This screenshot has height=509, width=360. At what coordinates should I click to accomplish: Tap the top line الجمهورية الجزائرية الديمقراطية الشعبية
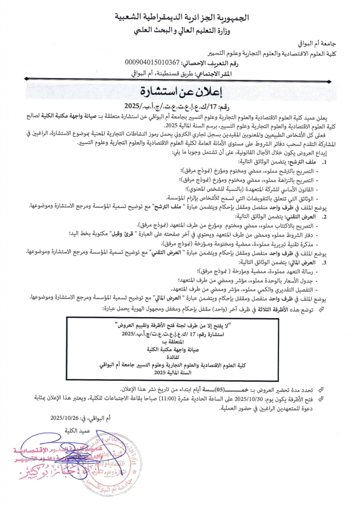(181, 19)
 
